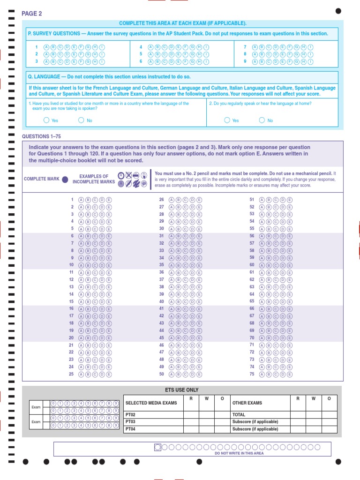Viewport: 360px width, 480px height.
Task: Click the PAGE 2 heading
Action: coord(32,14)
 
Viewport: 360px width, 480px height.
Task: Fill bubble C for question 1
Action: coord(95,200)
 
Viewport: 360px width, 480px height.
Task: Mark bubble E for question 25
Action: coord(109,375)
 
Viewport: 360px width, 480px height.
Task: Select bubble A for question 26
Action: coord(172,200)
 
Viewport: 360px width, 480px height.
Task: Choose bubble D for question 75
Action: coord(283,375)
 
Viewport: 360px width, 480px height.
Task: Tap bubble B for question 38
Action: coord(179,287)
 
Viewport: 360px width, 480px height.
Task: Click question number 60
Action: coord(252,265)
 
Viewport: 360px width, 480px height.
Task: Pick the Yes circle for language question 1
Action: coord(46,120)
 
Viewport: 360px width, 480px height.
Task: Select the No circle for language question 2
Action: coord(262,120)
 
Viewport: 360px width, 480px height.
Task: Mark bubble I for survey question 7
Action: coord(311,47)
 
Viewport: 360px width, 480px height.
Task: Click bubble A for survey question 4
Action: coord(151,47)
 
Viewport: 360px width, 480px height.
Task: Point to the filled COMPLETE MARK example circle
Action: coord(65,179)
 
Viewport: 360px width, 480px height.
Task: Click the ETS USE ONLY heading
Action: coord(182,390)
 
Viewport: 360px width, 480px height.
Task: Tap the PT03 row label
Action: coord(130,422)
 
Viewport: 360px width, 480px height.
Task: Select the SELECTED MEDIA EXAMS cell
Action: coord(151,403)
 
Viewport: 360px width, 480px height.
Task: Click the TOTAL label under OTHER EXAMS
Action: coord(239,415)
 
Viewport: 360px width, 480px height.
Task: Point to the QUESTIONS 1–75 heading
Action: coord(41,136)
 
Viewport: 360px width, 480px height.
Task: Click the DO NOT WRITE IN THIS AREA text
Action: coord(239,453)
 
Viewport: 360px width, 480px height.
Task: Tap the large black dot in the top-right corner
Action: coord(338,11)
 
